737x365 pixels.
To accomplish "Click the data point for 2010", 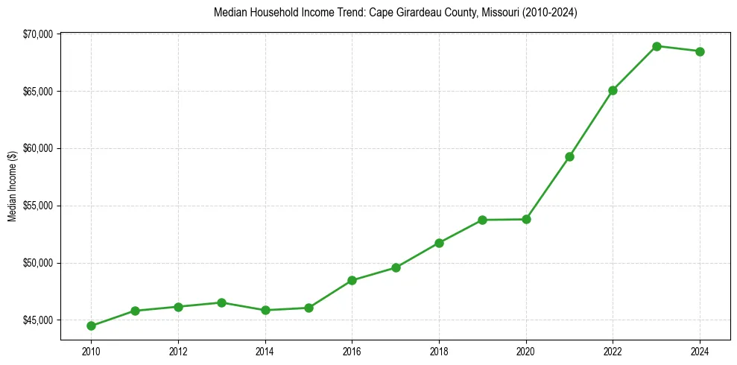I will click(x=91, y=326).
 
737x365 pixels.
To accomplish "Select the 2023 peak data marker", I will click(x=657, y=46).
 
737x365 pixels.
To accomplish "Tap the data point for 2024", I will click(x=700, y=51).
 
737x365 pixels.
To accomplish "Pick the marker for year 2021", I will click(x=569, y=156).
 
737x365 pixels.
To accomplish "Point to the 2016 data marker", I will click(x=352, y=280).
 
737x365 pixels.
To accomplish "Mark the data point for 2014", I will click(x=265, y=310).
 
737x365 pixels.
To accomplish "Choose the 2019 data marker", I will click(x=482, y=220).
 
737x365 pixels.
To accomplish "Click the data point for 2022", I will click(x=613, y=90).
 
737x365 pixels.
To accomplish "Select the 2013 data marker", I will click(x=221, y=302).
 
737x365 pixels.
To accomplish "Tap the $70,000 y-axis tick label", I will click(x=39, y=34).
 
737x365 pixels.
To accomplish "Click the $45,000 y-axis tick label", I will click(x=39, y=320).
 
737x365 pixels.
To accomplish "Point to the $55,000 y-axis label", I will click(x=39, y=206).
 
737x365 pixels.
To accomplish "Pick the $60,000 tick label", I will click(x=39, y=148).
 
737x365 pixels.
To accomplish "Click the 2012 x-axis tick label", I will click(x=177, y=350).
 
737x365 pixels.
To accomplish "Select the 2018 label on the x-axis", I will click(x=439, y=350).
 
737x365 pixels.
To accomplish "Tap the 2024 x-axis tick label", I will click(x=700, y=350).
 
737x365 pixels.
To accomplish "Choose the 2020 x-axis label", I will click(x=526, y=350).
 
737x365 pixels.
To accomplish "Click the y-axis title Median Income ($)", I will click(x=12, y=186).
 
